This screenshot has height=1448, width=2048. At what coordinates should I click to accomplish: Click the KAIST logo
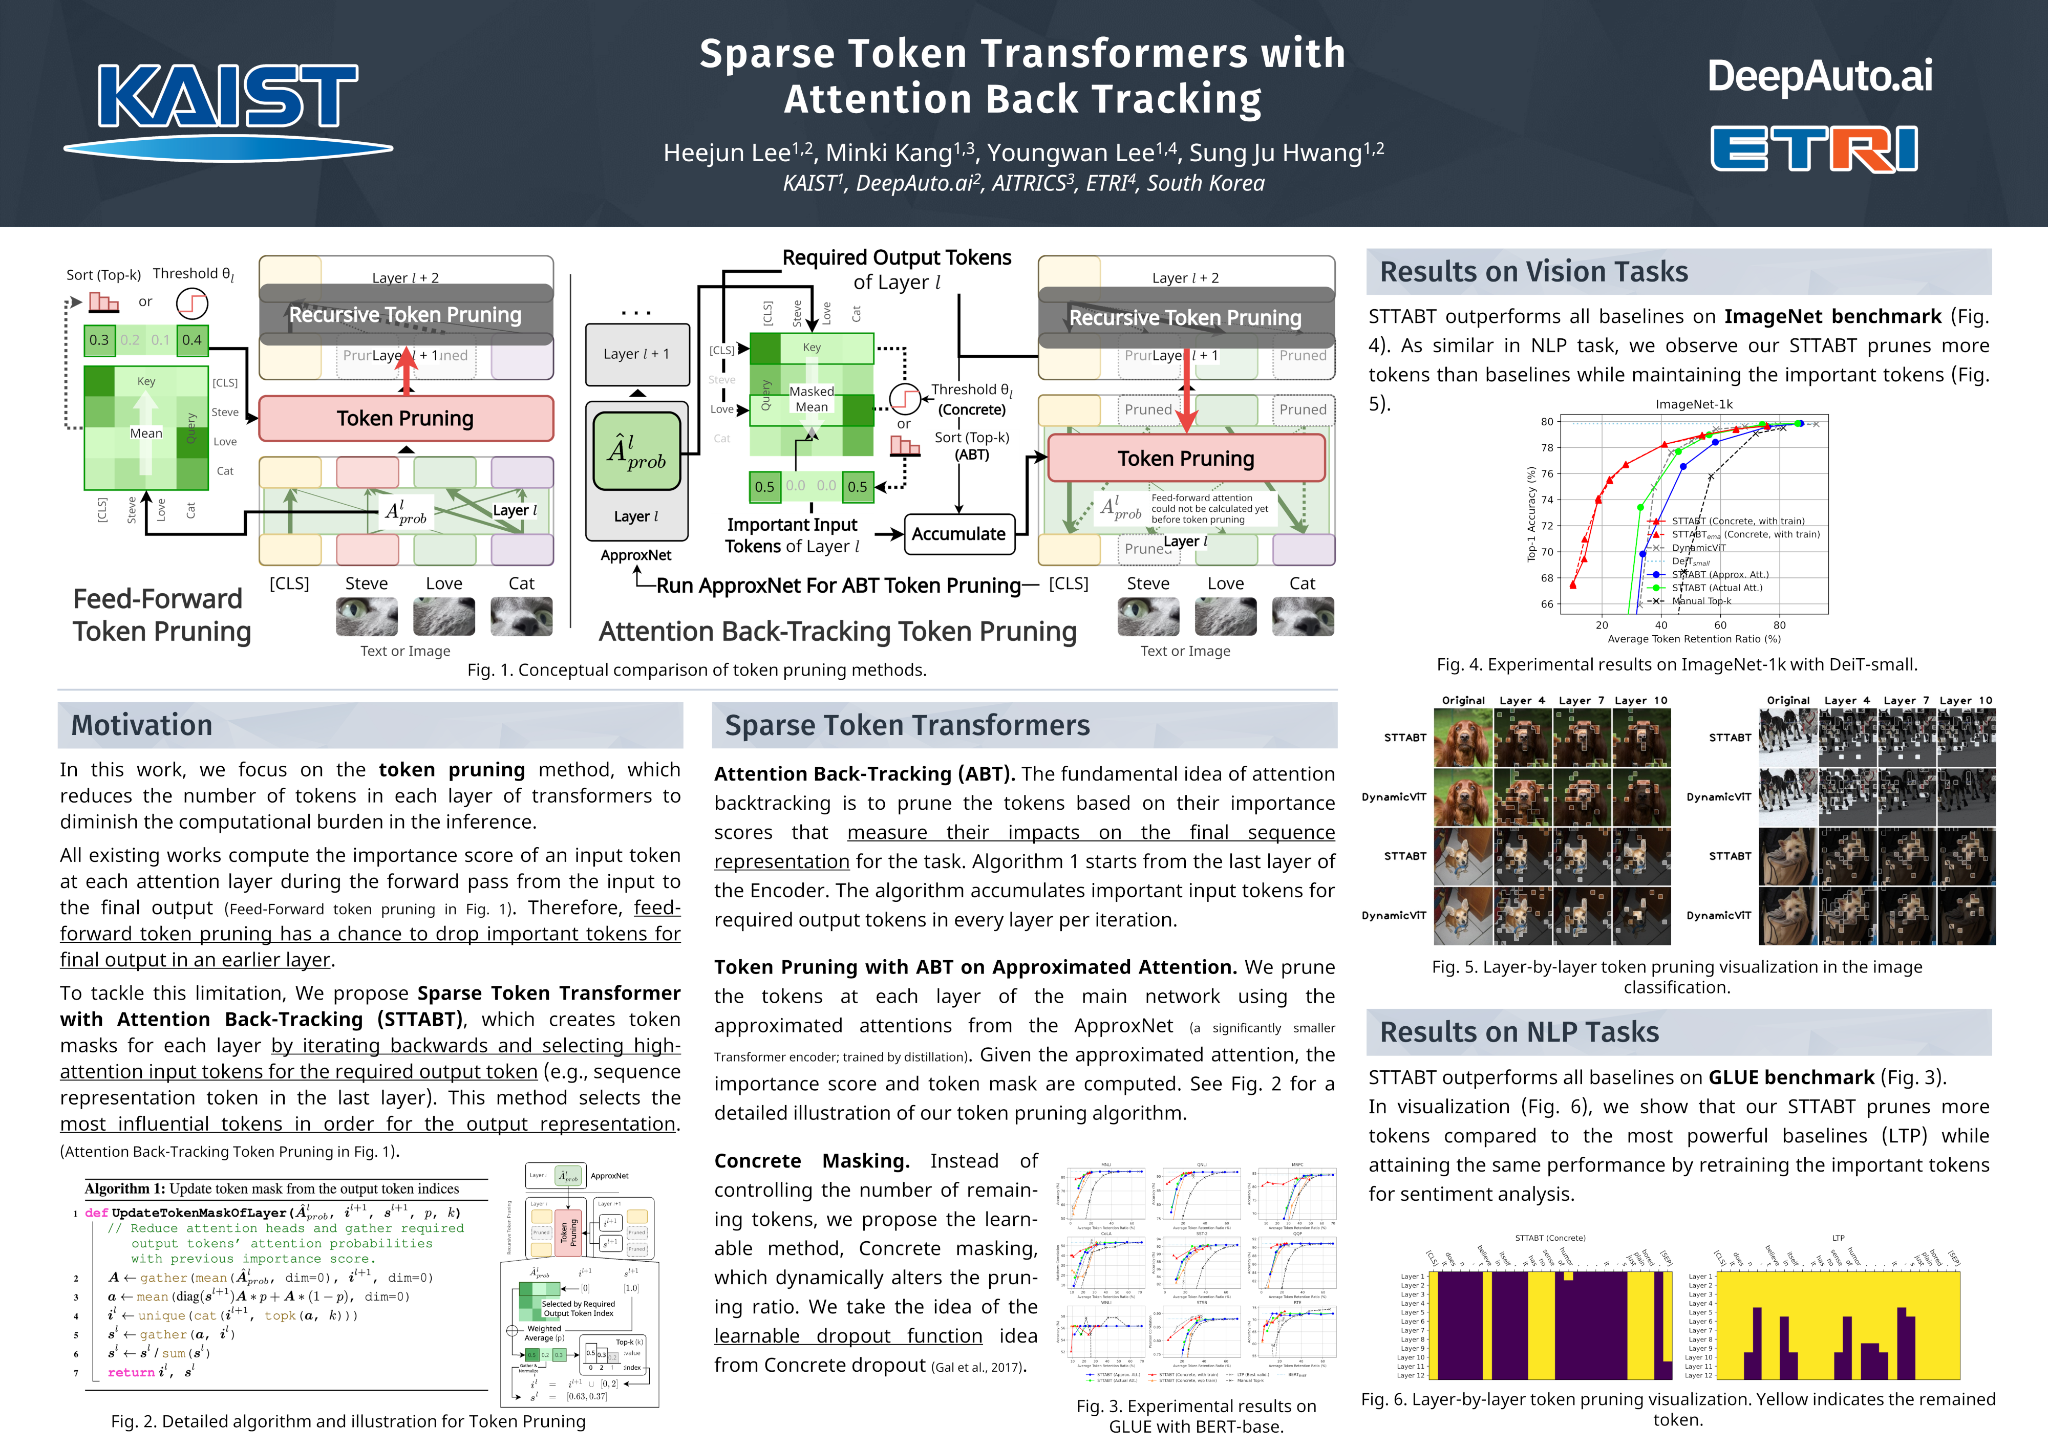point(227,109)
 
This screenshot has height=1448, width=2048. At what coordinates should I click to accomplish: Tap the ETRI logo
point(1814,148)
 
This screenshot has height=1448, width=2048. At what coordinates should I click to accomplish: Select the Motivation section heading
point(142,725)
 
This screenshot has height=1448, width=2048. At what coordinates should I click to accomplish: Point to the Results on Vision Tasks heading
point(1533,271)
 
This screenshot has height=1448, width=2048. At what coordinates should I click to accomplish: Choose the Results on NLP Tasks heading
point(1519,1031)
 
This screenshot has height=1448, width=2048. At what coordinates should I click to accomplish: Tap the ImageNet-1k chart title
point(1693,404)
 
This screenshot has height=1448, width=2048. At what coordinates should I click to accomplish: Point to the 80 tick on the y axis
point(1547,422)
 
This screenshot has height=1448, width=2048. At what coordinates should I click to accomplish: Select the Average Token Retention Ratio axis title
point(1693,638)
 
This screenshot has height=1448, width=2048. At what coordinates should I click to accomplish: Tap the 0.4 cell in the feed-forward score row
point(192,340)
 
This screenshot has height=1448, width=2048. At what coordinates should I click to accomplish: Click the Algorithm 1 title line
point(272,1188)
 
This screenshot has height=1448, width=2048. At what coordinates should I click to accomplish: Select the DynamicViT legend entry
point(1698,548)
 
